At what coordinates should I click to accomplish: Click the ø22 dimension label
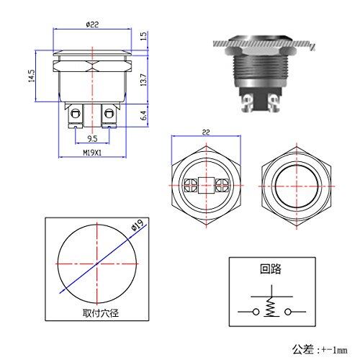[x=92, y=24]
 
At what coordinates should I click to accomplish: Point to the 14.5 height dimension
[x=32, y=76]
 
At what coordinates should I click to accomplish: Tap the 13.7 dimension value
[x=143, y=80]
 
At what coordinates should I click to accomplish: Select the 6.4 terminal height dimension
[x=143, y=115]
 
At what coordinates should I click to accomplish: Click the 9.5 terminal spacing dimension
[x=92, y=138]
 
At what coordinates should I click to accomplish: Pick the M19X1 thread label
[x=92, y=153]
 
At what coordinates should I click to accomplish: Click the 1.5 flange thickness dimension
[x=143, y=36]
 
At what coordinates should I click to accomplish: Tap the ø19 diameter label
[x=138, y=225]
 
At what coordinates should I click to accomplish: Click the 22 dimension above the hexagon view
[x=206, y=132]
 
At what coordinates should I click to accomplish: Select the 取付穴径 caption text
[x=101, y=313]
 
